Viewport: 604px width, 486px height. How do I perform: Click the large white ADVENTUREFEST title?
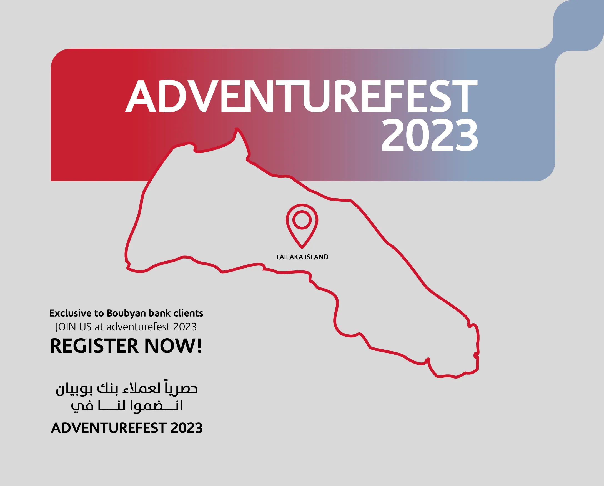301,96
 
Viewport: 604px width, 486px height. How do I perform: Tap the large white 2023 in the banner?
430,135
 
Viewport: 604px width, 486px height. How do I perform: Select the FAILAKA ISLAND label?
302,257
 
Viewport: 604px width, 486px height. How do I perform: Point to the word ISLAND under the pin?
317,257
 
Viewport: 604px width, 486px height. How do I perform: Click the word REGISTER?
94,346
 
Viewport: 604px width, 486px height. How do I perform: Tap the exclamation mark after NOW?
199,346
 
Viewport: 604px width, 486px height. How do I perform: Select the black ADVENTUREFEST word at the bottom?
109,428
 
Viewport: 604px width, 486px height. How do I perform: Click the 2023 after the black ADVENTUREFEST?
187,428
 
